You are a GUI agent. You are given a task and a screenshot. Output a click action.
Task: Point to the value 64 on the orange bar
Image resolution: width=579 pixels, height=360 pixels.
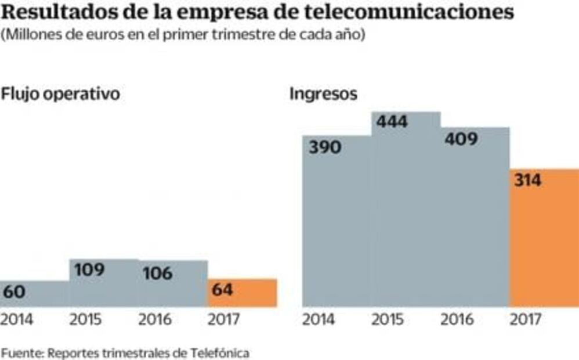point(223,290)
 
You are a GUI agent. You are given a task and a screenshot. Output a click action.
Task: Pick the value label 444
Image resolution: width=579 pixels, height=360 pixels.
point(392,122)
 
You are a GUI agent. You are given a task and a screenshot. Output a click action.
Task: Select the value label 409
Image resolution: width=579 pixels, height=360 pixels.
point(462,139)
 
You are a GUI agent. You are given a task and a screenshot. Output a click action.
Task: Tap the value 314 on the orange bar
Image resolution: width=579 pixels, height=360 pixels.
point(527,180)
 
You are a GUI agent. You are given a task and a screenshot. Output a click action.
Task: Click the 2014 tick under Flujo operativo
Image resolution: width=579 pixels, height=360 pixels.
point(17,320)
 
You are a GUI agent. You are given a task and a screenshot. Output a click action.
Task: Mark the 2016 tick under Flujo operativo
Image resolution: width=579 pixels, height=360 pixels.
point(155,320)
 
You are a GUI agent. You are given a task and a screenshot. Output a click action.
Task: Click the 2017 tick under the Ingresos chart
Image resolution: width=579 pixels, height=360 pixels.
point(525,320)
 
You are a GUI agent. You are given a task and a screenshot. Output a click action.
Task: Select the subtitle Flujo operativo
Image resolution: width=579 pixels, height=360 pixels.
point(60,95)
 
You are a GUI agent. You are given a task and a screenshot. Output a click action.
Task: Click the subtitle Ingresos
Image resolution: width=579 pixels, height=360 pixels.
point(323,95)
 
